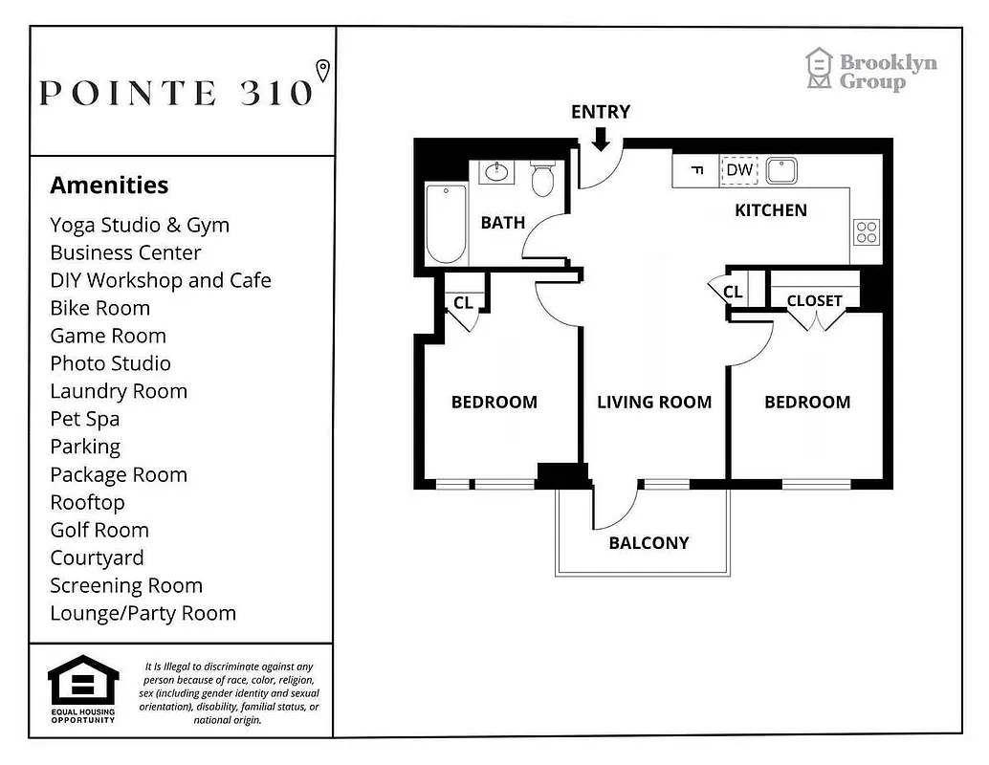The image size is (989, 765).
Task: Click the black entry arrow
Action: (x=601, y=139)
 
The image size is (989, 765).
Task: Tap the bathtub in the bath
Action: (x=446, y=223)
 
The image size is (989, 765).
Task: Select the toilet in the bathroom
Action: (x=542, y=178)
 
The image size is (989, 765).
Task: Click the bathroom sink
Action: (x=496, y=172)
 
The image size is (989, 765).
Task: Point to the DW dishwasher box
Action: (x=739, y=170)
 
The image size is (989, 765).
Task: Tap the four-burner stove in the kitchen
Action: (x=867, y=232)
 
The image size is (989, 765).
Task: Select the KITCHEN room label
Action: (x=770, y=210)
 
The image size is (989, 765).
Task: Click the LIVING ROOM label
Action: (x=654, y=402)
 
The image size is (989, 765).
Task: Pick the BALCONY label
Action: (x=648, y=543)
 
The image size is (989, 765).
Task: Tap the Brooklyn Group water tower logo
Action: (x=819, y=69)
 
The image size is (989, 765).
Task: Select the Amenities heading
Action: (x=109, y=185)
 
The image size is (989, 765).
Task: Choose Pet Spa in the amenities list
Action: (x=84, y=419)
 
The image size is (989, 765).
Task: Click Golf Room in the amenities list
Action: (x=99, y=530)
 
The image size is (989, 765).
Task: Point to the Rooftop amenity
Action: (x=87, y=502)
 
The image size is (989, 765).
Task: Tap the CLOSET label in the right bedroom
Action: (x=814, y=300)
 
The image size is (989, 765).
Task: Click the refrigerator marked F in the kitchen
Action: (x=697, y=171)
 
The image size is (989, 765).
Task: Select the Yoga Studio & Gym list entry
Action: (x=140, y=225)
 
